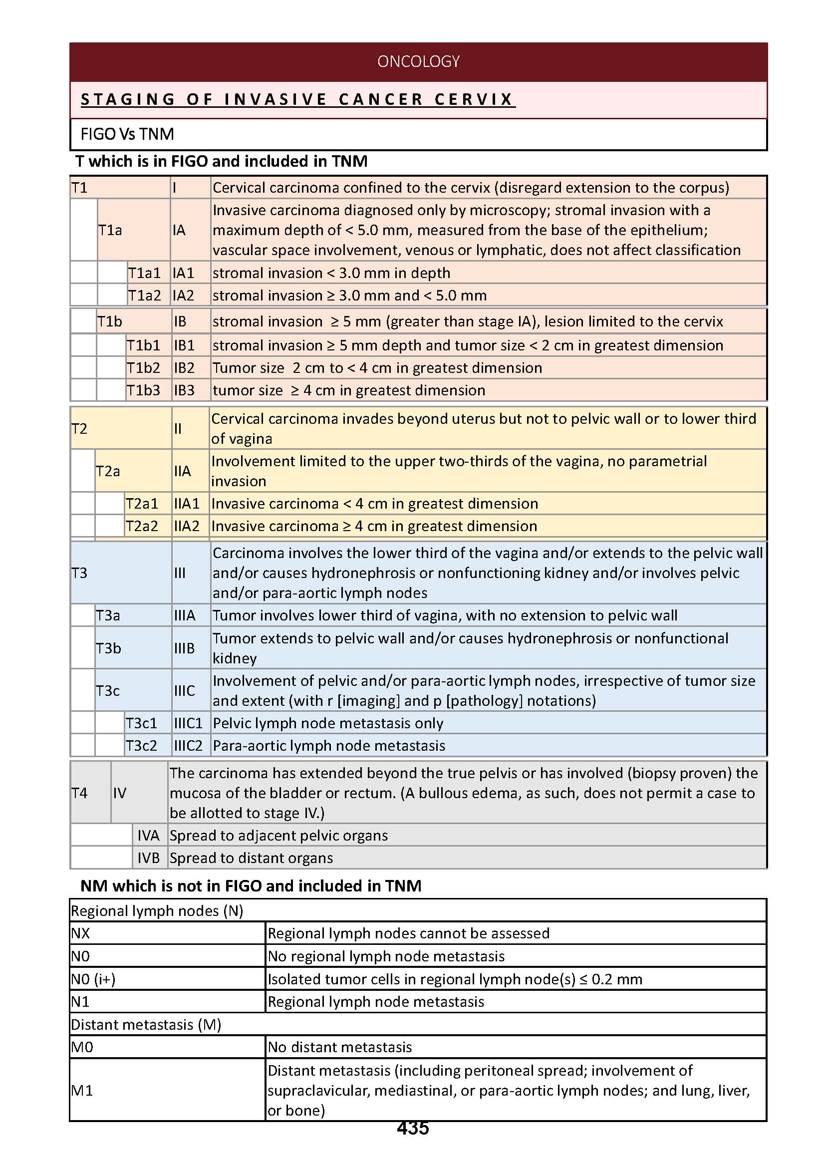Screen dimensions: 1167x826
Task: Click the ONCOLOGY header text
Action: pyautogui.click(x=418, y=61)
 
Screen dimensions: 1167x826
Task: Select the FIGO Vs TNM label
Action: pyautogui.click(x=127, y=134)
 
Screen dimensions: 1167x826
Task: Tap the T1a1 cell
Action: pyautogui.click(x=144, y=273)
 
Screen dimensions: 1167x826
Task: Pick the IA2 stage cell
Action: pyautogui.click(x=184, y=295)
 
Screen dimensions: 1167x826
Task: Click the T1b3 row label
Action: pyautogui.click(x=143, y=390)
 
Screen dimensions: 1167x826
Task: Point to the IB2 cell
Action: pyautogui.click(x=185, y=368)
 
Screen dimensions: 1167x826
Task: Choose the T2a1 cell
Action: pyautogui.click(x=142, y=504)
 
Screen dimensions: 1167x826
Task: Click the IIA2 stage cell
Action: pyautogui.click(x=187, y=526)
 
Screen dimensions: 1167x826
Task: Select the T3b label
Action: pyautogui.click(x=108, y=648)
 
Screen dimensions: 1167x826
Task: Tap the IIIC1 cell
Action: pyautogui.click(x=188, y=723)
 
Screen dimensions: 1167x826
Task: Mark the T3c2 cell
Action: pyautogui.click(x=141, y=745)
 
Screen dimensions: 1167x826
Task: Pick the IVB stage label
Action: pyautogui.click(x=149, y=858)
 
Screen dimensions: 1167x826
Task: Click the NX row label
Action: pyautogui.click(x=80, y=933)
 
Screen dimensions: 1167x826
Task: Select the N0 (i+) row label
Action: pyautogui.click(x=93, y=979)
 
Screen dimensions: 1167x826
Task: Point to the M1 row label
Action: pyautogui.click(x=82, y=1090)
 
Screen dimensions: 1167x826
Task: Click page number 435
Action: pyautogui.click(x=412, y=1128)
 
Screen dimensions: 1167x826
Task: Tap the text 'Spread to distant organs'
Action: pyautogui.click(x=251, y=858)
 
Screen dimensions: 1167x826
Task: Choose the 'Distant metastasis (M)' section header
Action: pyautogui.click(x=146, y=1024)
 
